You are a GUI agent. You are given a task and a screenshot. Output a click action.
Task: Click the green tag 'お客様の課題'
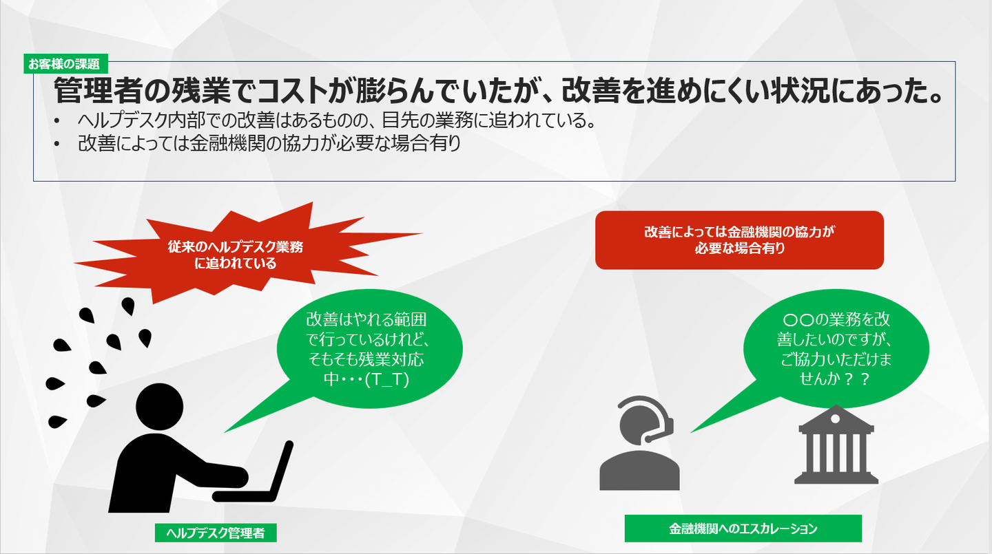pyautogui.click(x=66, y=64)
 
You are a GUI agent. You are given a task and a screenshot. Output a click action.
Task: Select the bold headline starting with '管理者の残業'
pyautogui.click(x=498, y=90)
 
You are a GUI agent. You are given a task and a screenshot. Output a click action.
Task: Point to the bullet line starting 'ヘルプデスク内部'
pyautogui.click(x=337, y=120)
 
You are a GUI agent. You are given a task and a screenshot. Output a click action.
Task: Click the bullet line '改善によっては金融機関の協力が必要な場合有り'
pyautogui.click(x=269, y=143)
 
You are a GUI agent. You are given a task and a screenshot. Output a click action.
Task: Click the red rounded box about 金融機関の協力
pyautogui.click(x=739, y=239)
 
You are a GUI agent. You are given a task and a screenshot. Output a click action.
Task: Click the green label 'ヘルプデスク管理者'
pyautogui.click(x=216, y=533)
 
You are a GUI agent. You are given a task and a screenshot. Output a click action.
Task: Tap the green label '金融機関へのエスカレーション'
pyautogui.click(x=743, y=529)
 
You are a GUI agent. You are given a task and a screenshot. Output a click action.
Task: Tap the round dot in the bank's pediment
pyautogui.click(x=835, y=418)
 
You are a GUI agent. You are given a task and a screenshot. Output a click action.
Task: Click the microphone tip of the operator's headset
pyautogui.click(x=648, y=439)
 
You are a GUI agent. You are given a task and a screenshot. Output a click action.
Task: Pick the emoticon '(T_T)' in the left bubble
pyautogui.click(x=386, y=380)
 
